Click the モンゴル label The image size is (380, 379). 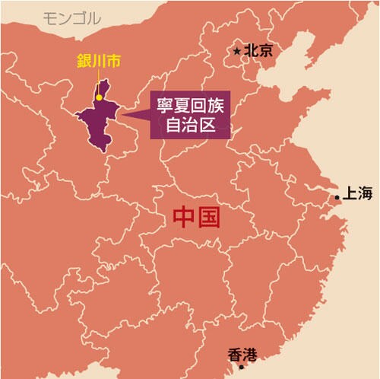click(72, 18)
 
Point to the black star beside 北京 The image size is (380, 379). click(238, 51)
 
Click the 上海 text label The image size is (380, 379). click(357, 193)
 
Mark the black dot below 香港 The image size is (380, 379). click(242, 367)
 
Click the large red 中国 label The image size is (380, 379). click(196, 218)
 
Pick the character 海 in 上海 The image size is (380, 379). click(366, 193)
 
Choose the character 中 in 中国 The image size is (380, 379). click(183, 218)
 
